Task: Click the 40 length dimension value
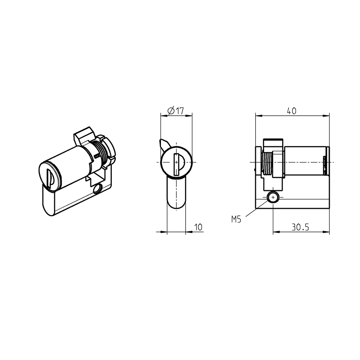(291, 111)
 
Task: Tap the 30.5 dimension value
(300, 227)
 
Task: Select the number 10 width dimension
(198, 227)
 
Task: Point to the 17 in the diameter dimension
(179, 111)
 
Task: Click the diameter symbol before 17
(171, 111)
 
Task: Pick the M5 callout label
(236, 220)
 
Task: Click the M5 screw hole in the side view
(273, 198)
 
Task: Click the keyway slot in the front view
(176, 162)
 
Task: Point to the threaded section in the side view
(268, 163)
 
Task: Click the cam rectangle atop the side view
(273, 142)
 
